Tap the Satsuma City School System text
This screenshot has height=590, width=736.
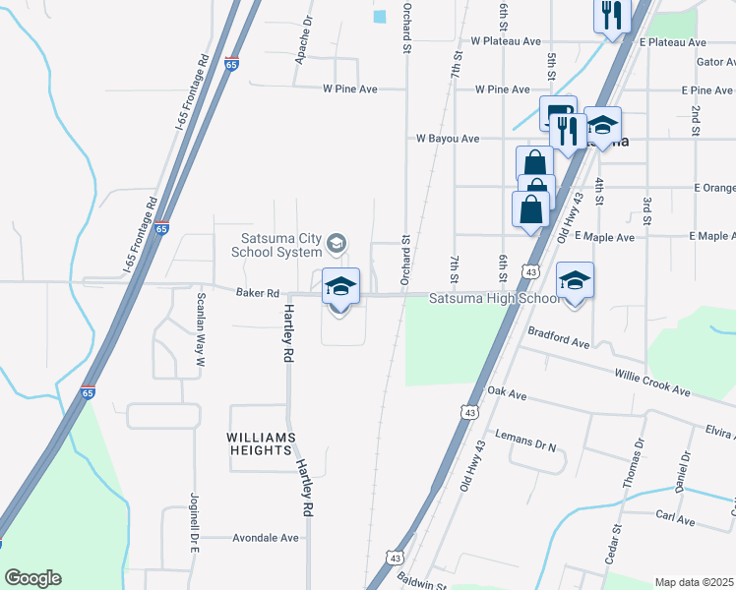click(281, 244)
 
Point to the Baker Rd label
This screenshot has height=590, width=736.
click(258, 292)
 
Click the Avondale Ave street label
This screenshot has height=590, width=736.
click(265, 538)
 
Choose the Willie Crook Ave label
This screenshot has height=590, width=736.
click(652, 382)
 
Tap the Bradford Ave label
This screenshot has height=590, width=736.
click(558, 337)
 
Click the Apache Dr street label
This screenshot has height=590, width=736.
click(303, 39)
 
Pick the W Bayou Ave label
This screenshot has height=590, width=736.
click(448, 139)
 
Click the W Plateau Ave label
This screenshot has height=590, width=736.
click(506, 42)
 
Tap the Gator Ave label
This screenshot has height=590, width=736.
click(715, 61)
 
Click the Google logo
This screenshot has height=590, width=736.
click(32, 578)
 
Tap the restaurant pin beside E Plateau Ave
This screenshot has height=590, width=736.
click(611, 16)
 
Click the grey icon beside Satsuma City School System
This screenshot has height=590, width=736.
click(337, 242)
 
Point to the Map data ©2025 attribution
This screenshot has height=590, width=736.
click(693, 582)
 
